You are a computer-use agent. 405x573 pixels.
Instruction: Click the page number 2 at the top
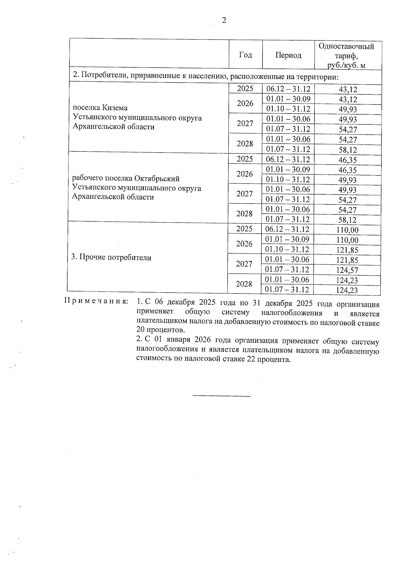[x=224, y=21]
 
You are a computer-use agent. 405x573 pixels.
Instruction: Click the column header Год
[x=245, y=55]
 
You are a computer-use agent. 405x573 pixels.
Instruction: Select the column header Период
[x=288, y=55]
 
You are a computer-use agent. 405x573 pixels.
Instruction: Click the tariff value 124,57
[x=347, y=270]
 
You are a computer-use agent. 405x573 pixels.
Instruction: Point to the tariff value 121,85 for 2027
[x=347, y=260]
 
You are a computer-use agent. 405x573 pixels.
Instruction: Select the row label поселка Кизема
[x=100, y=108]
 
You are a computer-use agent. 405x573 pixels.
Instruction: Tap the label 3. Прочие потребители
[x=111, y=258]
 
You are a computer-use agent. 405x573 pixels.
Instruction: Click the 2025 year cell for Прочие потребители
[x=244, y=229]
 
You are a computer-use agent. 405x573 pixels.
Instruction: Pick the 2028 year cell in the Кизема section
[x=245, y=144]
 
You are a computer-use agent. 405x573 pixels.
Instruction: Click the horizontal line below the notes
[x=221, y=396]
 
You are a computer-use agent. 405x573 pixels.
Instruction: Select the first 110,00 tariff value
[x=347, y=230]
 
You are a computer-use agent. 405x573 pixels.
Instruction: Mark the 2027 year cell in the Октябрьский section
[x=245, y=194]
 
